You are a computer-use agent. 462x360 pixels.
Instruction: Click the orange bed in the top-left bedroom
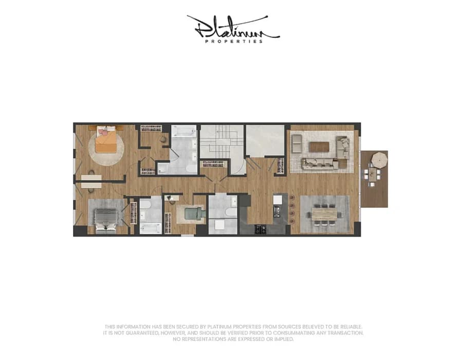click(106, 142)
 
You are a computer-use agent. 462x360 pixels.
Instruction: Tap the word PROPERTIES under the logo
click(234, 42)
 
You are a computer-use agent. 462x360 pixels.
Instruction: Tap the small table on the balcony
click(373, 175)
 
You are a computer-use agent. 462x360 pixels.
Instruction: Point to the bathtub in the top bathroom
click(183, 131)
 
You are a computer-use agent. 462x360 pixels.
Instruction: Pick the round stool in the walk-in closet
click(163, 139)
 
